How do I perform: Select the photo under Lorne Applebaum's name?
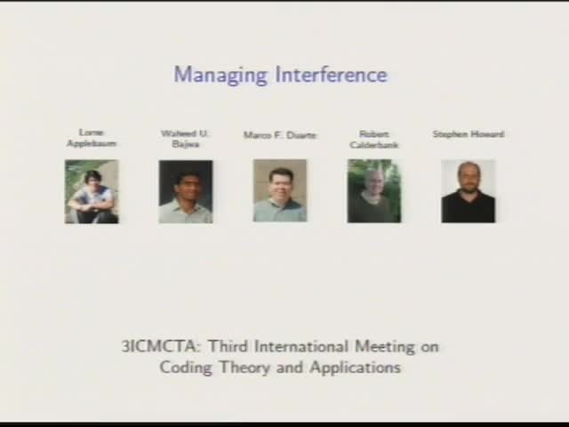[92, 191]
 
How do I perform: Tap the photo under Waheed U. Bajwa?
[186, 191]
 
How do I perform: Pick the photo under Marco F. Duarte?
[280, 191]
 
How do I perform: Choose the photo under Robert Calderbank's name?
[374, 191]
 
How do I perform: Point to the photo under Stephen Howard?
[469, 191]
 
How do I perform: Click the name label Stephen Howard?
[469, 134]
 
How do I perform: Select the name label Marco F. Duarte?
[280, 135]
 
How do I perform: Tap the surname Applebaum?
[92, 143]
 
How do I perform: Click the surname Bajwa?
[186, 143]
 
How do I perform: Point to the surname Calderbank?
[374, 143]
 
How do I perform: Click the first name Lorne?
[92, 133]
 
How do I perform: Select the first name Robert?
[374, 133]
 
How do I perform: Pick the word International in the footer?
[303, 347]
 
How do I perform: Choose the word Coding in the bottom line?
[184, 367]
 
